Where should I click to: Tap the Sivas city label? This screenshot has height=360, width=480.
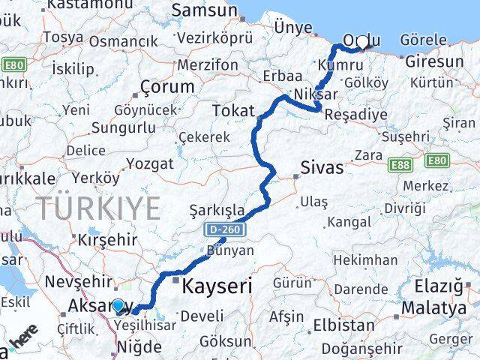pyautogui.click(x=322, y=166)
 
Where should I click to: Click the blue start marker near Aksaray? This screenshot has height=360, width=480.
pyautogui.click(x=118, y=306)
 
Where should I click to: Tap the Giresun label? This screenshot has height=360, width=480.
pyautogui.click(x=434, y=61)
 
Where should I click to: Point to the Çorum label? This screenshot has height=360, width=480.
pyautogui.click(x=168, y=87)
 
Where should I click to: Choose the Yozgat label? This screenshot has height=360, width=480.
pyautogui.click(x=150, y=163)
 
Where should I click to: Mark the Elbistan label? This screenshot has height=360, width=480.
pyautogui.click(x=343, y=325)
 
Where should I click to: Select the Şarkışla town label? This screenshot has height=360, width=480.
pyautogui.click(x=217, y=209)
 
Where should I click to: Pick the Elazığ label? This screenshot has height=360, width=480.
pyautogui.click(x=443, y=286)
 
